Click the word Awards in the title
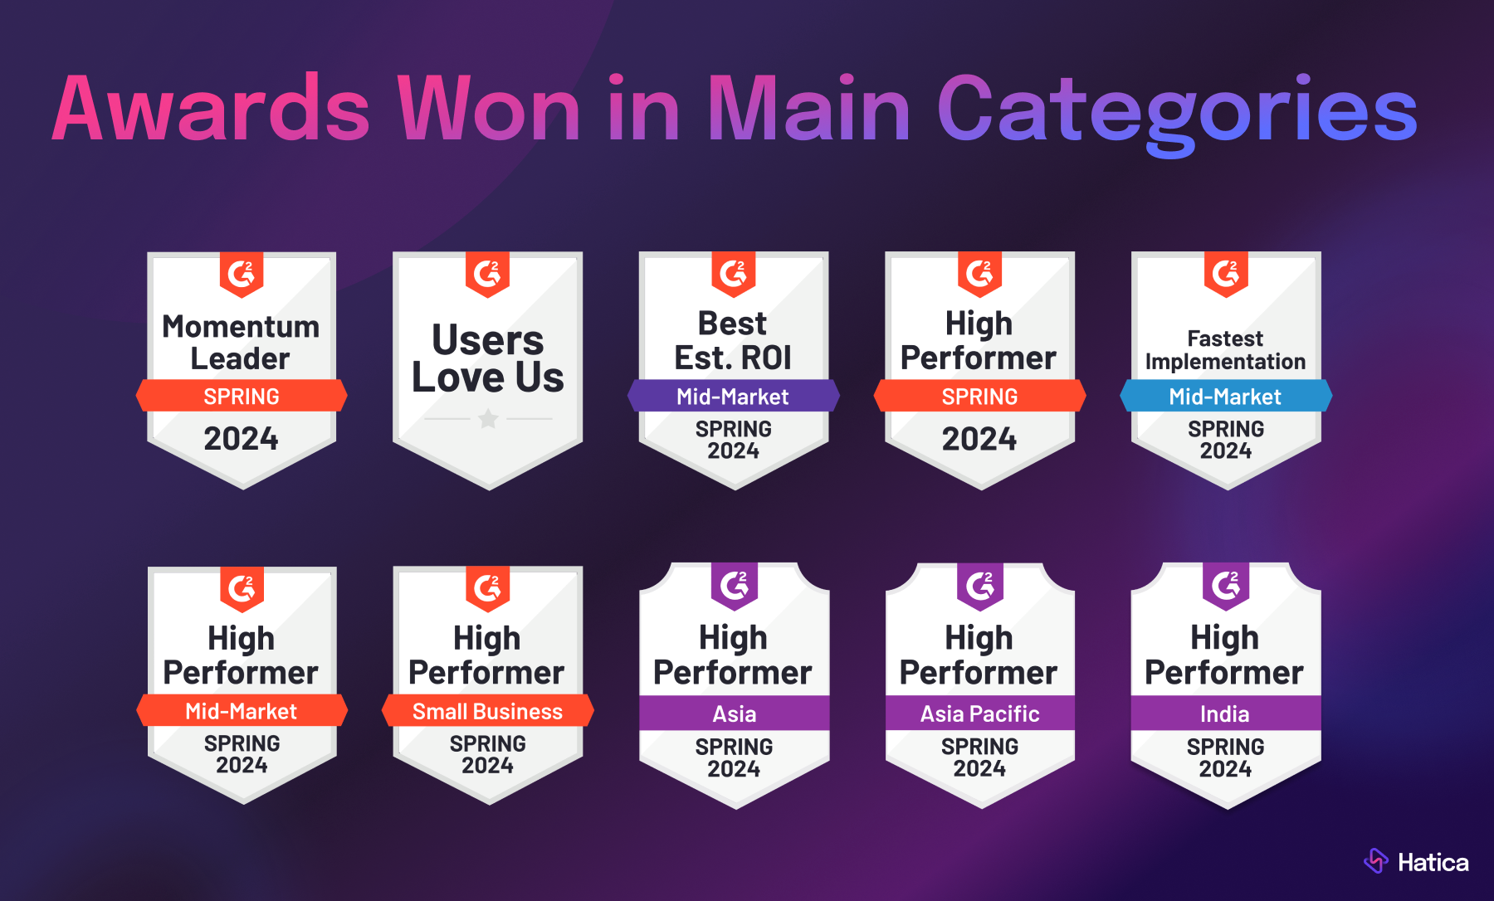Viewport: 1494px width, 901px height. [211, 110]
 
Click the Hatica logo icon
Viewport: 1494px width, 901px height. [1375, 861]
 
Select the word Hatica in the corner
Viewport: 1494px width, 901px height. [1433, 863]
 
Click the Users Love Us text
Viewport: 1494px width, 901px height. [488, 358]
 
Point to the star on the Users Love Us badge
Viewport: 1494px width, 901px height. [488, 419]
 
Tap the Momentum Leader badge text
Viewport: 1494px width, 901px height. [241, 342]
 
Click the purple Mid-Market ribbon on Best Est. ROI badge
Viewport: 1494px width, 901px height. [733, 397]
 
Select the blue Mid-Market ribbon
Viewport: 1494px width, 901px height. [1225, 397]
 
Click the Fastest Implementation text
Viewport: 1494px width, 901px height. [1225, 350]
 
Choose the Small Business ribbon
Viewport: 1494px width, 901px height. [487, 711]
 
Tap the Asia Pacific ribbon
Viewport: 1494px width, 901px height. [979, 713]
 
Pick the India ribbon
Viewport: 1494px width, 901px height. [1225, 713]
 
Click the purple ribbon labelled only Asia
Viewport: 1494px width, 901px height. [734, 713]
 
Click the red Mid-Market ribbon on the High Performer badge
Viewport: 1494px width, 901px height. [242, 711]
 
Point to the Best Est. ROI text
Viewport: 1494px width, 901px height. [733, 340]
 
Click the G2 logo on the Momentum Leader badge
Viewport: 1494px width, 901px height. [242, 274]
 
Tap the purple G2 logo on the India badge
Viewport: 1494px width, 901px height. [1226, 586]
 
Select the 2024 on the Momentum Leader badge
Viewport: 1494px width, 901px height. [241, 438]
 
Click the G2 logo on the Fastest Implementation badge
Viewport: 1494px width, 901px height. [1226, 273]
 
